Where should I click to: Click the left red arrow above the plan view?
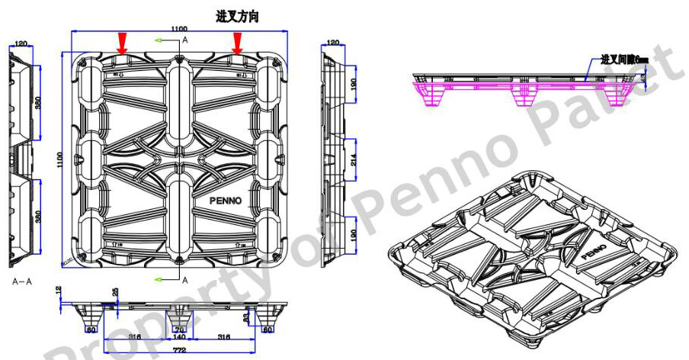pyautogui.click(x=121, y=43)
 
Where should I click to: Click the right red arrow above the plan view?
pyautogui.click(x=237, y=43)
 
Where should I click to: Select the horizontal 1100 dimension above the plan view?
pyautogui.click(x=179, y=28)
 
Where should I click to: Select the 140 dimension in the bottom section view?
pyautogui.click(x=180, y=336)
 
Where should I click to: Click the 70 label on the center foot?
pyautogui.click(x=181, y=329)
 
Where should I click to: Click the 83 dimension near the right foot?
pyautogui.click(x=246, y=316)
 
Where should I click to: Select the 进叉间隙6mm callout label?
pyautogui.click(x=623, y=59)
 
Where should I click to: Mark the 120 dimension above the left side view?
pyautogui.click(x=21, y=43)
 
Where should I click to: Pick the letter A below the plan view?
pyautogui.click(x=184, y=280)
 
